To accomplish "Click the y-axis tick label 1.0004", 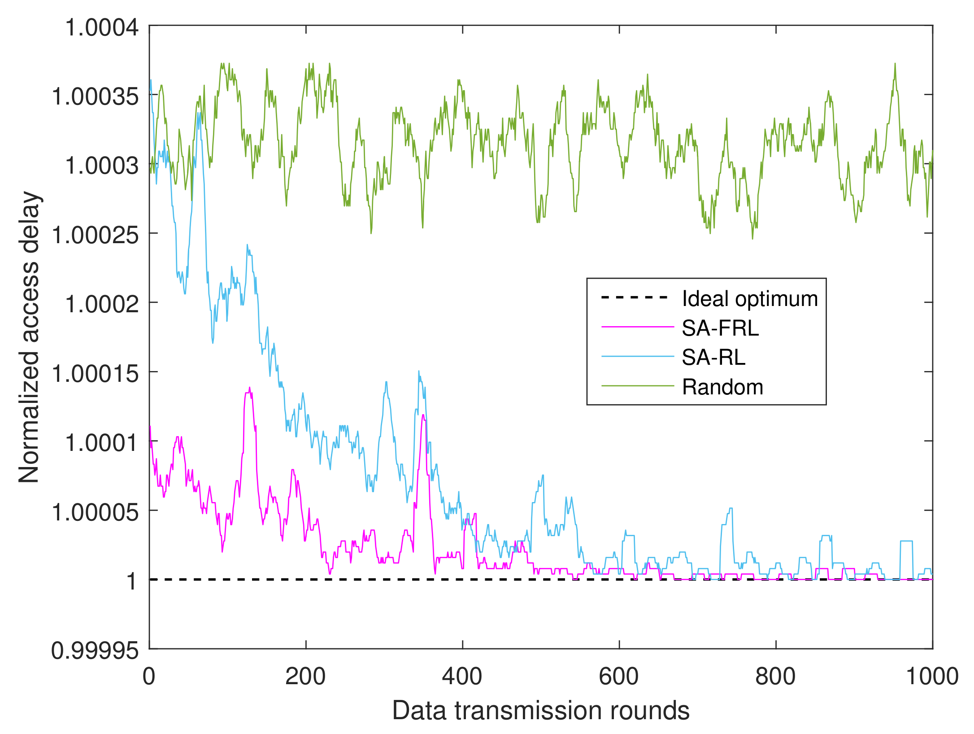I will pyautogui.click(x=102, y=28).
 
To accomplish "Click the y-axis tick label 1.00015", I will pyautogui.click(x=96, y=374).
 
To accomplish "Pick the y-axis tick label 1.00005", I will pyautogui.click(x=96, y=512).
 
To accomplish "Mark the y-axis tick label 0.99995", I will pyautogui.click(x=95, y=651).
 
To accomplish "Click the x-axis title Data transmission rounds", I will pyautogui.click(x=541, y=711).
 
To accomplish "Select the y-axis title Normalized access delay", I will pyautogui.click(x=29, y=337).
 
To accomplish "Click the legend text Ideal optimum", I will pyautogui.click(x=750, y=299).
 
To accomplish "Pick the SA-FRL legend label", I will pyautogui.click(x=720, y=328).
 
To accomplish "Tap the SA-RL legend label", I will pyautogui.click(x=713, y=358).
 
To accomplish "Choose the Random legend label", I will pyautogui.click(x=722, y=387).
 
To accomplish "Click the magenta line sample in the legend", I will pyautogui.click(x=637, y=327).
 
